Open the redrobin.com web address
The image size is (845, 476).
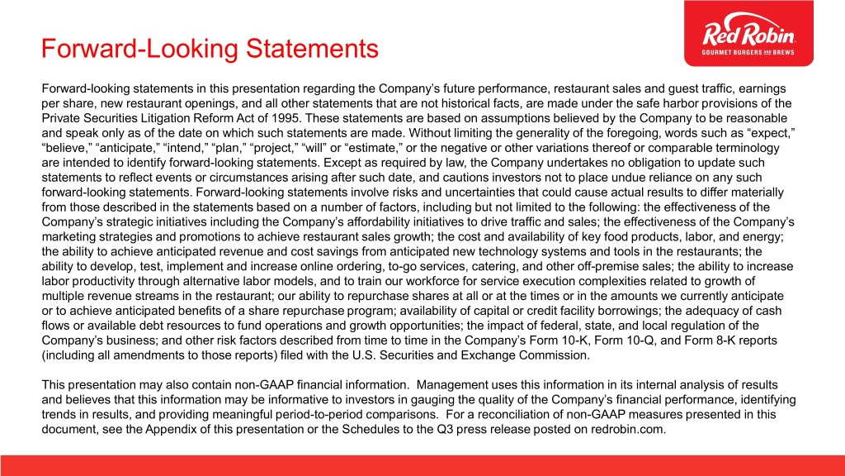pyautogui.click(x=627, y=430)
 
